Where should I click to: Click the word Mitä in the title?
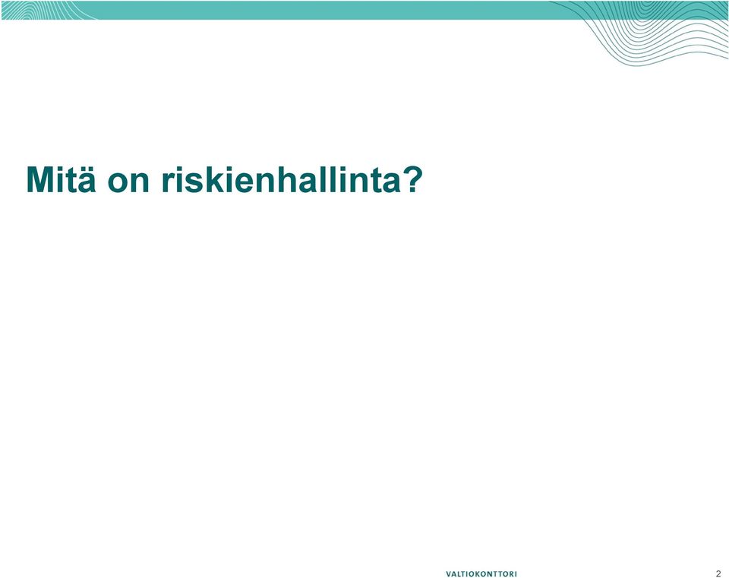pyautogui.click(x=61, y=179)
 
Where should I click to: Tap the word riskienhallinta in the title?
pyautogui.click(x=281, y=179)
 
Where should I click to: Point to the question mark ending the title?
pyautogui.click(x=412, y=179)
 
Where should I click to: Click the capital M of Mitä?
pyautogui.click(x=42, y=179)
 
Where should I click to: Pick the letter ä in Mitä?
pyautogui.click(x=86, y=179)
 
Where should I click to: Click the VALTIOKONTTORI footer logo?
pyautogui.click(x=481, y=573)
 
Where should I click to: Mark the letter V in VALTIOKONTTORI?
pyautogui.click(x=449, y=573)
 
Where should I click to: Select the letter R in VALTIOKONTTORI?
pyautogui.click(x=511, y=573)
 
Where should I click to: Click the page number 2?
pyautogui.click(x=718, y=573)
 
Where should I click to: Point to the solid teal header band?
pyautogui.click(x=326, y=10)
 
